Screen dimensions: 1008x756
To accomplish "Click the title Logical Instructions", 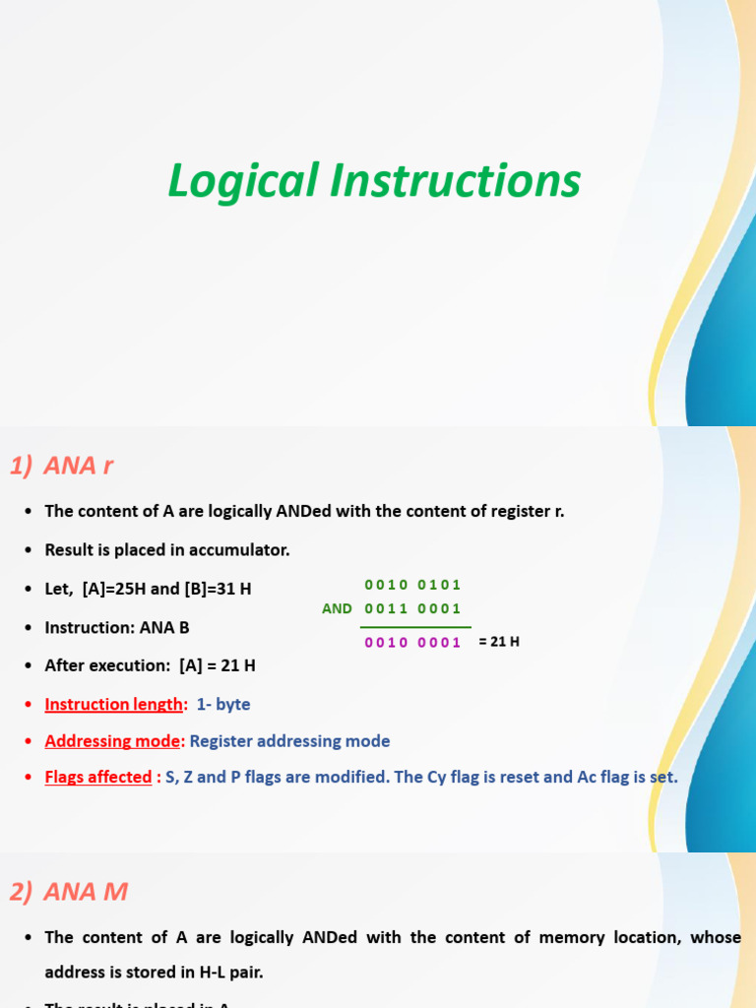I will point(374,182).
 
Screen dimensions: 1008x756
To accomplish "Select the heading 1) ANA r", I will point(62,466).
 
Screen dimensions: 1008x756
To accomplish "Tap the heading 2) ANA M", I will point(69,892).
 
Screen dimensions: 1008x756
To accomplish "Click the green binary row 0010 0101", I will point(412,585).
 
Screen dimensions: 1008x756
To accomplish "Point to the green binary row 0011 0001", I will point(412,608).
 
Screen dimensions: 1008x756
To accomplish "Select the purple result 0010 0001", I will point(412,643).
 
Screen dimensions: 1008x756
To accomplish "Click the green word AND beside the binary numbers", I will point(337,608).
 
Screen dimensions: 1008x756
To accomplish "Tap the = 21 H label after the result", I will point(499,642).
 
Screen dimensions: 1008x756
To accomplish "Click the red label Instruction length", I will point(114,704).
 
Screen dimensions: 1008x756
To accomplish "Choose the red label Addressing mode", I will point(114,740).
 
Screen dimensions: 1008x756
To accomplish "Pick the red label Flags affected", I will point(98,777).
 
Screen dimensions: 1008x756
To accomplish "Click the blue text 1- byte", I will point(223,704).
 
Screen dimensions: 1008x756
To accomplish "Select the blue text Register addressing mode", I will point(289,740).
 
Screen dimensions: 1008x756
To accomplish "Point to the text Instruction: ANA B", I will point(117,627).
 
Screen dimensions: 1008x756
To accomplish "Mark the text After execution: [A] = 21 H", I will point(151,665).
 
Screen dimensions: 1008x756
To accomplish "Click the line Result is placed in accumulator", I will point(167,549).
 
